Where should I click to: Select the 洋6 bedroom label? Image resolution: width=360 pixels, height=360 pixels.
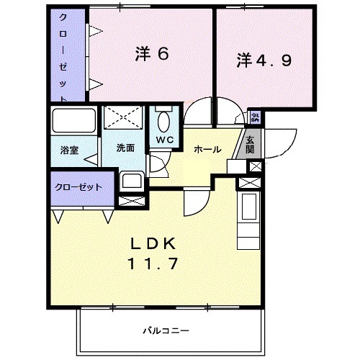point(151,54)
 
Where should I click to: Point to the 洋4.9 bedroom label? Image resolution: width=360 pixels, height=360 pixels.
point(264,61)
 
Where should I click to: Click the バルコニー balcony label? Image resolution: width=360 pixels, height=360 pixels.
point(164,330)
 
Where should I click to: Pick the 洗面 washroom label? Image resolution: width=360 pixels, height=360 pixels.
point(125,148)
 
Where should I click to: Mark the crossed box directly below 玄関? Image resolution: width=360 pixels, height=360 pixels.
point(254,166)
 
